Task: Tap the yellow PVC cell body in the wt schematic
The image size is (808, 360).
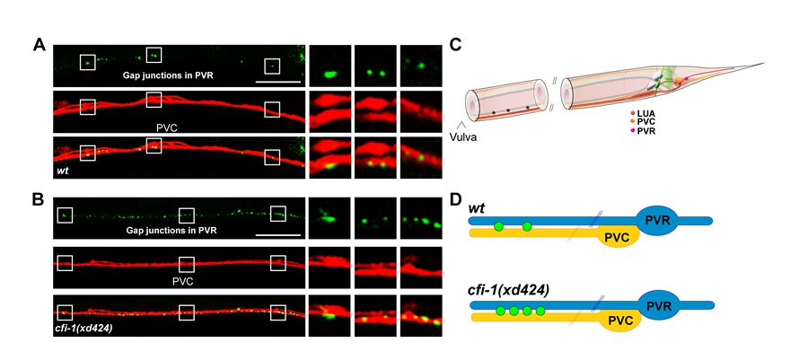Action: click(618, 236)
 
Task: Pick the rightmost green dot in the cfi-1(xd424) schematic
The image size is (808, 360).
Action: click(540, 312)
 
